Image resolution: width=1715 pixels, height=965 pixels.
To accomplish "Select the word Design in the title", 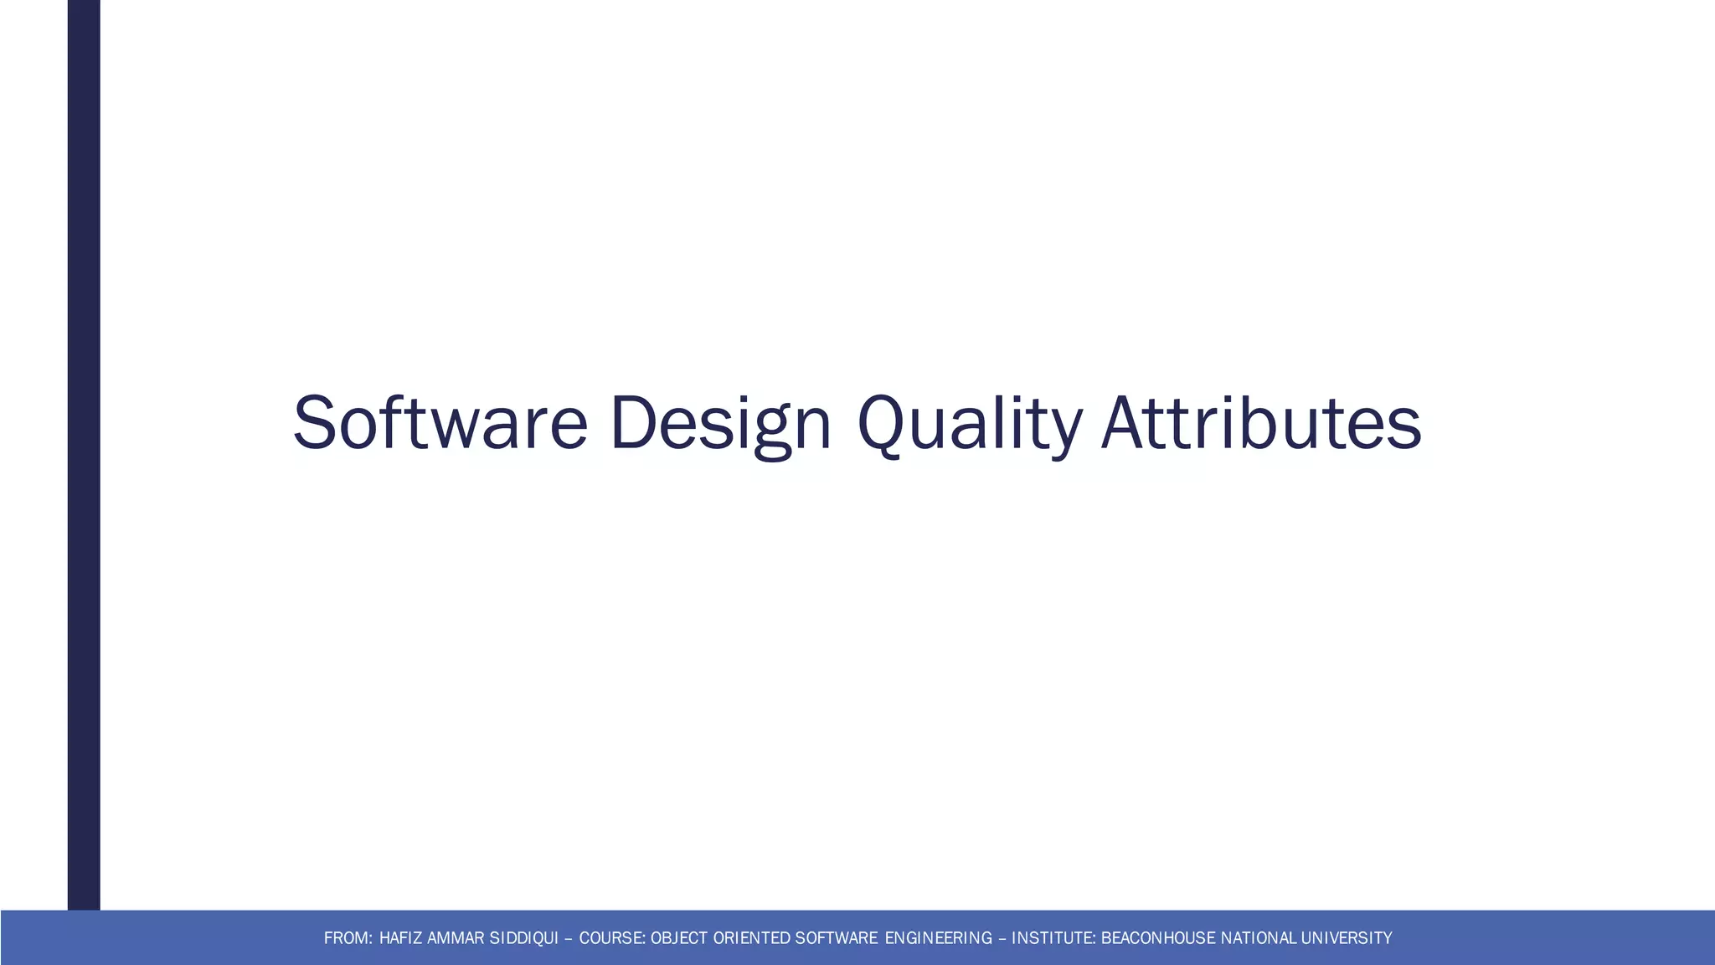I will (720, 423).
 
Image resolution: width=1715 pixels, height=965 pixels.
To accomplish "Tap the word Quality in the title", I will (970, 423).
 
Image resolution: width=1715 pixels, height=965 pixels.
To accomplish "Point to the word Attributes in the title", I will (1261, 423).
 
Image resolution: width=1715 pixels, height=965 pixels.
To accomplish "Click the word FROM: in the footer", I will (348, 938).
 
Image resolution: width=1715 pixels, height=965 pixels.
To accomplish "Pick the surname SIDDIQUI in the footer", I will (523, 938).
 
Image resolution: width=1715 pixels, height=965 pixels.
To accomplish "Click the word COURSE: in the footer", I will (612, 938).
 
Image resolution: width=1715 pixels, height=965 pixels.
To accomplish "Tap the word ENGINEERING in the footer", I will (938, 938).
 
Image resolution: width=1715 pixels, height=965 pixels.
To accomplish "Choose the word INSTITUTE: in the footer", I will (1053, 938).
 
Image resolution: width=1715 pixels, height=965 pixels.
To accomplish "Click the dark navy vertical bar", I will (84, 452).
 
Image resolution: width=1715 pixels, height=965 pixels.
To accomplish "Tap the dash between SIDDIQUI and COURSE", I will (569, 938).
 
